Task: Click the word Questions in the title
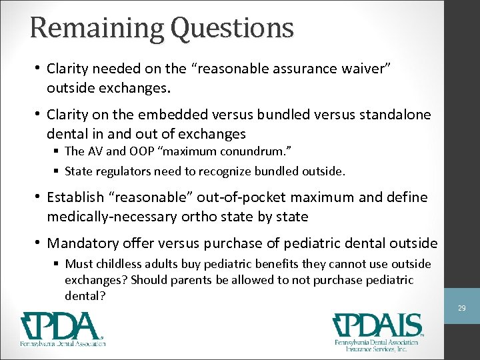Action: tap(232, 27)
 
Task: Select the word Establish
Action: tap(75, 197)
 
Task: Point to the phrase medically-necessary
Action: tap(114, 217)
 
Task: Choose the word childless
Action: tap(118, 265)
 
